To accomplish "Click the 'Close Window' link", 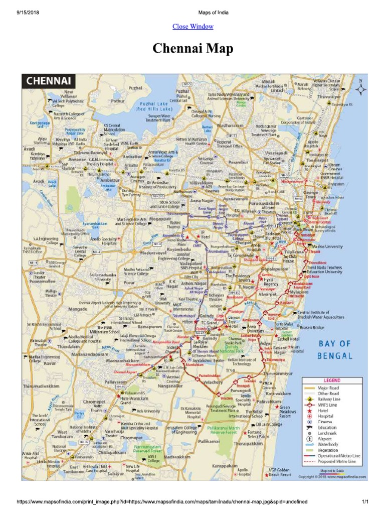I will (x=192, y=27).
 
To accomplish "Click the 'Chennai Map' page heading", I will (x=192, y=49).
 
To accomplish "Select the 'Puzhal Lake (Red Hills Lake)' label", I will (x=156, y=106).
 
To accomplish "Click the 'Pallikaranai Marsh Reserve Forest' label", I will (x=224, y=431).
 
